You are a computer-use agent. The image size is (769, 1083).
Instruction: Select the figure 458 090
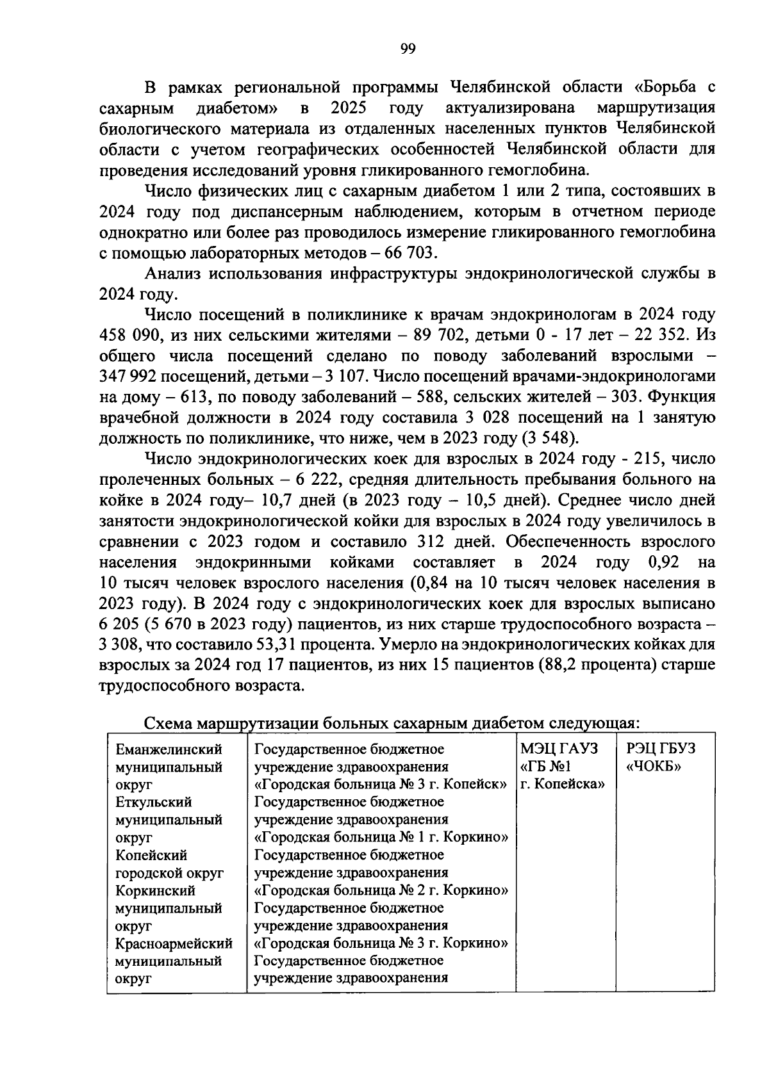click(x=130, y=335)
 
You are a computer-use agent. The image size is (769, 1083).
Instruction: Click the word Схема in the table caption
click(x=169, y=723)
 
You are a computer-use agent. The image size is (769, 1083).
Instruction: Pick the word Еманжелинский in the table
click(x=169, y=749)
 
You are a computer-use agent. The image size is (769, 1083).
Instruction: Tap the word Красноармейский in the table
click(x=174, y=943)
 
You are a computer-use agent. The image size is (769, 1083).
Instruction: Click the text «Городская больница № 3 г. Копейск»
click(x=381, y=785)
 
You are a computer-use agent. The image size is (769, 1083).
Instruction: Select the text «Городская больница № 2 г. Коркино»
click(x=381, y=890)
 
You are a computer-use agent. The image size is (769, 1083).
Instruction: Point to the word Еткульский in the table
click(x=153, y=802)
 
